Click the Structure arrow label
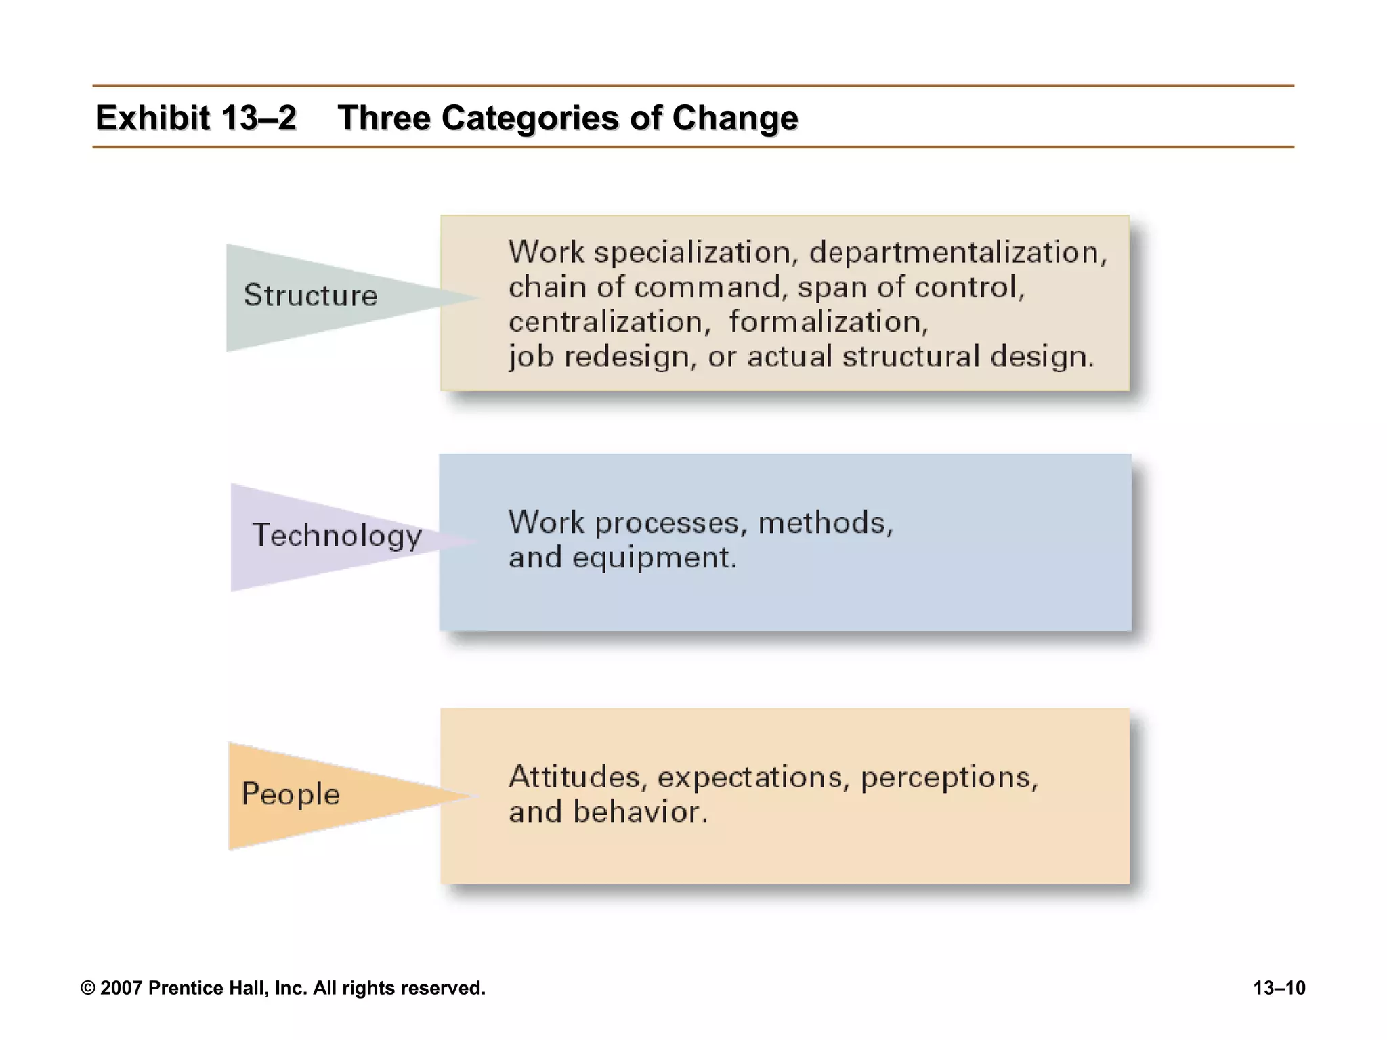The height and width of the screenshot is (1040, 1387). pyautogui.click(x=310, y=295)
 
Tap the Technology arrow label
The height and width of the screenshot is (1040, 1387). pyautogui.click(x=337, y=535)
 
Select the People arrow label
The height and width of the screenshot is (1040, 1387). pyautogui.click(x=291, y=794)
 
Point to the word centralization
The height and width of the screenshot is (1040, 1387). pyautogui.click(x=609, y=322)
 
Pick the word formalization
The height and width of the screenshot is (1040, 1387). pyautogui.click(x=828, y=322)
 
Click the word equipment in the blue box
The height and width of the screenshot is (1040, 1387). pyautogui.click(x=654, y=558)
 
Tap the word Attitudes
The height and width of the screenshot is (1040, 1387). pyautogui.click(x=574, y=777)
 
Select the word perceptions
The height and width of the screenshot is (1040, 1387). pyautogui.click(x=948, y=777)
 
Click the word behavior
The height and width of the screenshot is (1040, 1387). pyautogui.click(x=640, y=812)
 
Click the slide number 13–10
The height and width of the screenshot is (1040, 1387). pyautogui.click(x=1279, y=988)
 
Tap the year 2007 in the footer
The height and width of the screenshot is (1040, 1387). pyautogui.click(x=121, y=988)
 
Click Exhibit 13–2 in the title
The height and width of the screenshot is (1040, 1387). pyautogui.click(x=196, y=118)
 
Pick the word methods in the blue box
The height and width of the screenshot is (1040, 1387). pyautogui.click(x=825, y=523)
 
